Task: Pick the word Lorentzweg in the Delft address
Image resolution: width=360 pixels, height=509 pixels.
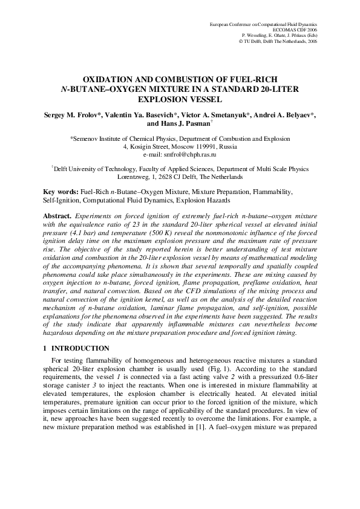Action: (x=134, y=178)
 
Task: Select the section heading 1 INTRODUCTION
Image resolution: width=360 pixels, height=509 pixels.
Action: (x=76, y=348)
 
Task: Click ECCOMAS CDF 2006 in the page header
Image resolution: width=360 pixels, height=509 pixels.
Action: (x=295, y=28)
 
